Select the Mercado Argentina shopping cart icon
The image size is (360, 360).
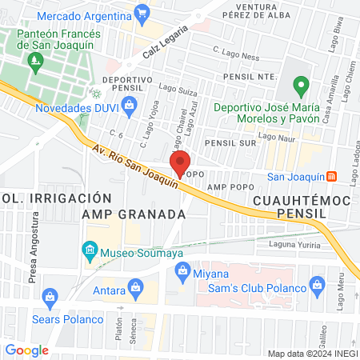click(142, 12)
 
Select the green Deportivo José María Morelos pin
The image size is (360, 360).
click(301, 84)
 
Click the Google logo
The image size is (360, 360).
click(26, 350)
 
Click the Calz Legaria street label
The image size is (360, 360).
click(166, 41)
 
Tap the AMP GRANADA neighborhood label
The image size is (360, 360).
click(134, 215)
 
